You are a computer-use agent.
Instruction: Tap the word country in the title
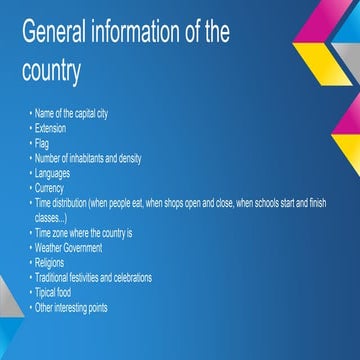pos(49,72)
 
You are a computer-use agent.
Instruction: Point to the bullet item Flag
pos(42,142)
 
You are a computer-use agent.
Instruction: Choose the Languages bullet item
pos(53,172)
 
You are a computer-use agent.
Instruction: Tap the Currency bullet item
pos(49,187)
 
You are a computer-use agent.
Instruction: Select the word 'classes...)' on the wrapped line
pos(51,216)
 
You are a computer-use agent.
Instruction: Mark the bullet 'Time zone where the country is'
pos(83,232)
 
